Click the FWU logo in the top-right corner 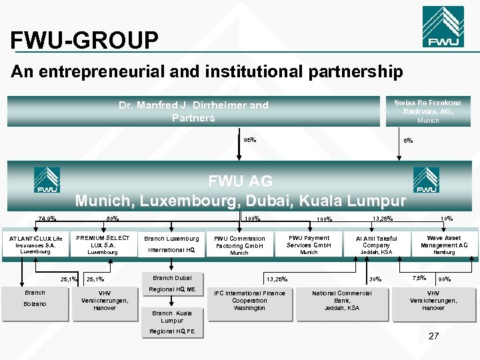[x=443, y=27]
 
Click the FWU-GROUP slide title [x=85, y=41]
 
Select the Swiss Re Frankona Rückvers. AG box [x=427, y=111]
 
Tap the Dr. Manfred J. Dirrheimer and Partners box [x=193, y=111]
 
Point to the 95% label [x=249, y=140]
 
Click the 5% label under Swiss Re [x=408, y=141]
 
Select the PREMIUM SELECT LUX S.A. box [x=103, y=245]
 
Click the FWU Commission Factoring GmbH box [x=239, y=245]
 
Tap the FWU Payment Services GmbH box [x=309, y=244]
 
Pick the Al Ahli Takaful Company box [x=377, y=245]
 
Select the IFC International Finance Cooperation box [x=249, y=301]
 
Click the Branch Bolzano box [x=35, y=299]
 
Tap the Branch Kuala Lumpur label [x=171, y=317]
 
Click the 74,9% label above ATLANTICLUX [x=47, y=218]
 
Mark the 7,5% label [x=419, y=277]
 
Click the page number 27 [x=433, y=336]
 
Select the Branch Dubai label [x=172, y=278]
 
